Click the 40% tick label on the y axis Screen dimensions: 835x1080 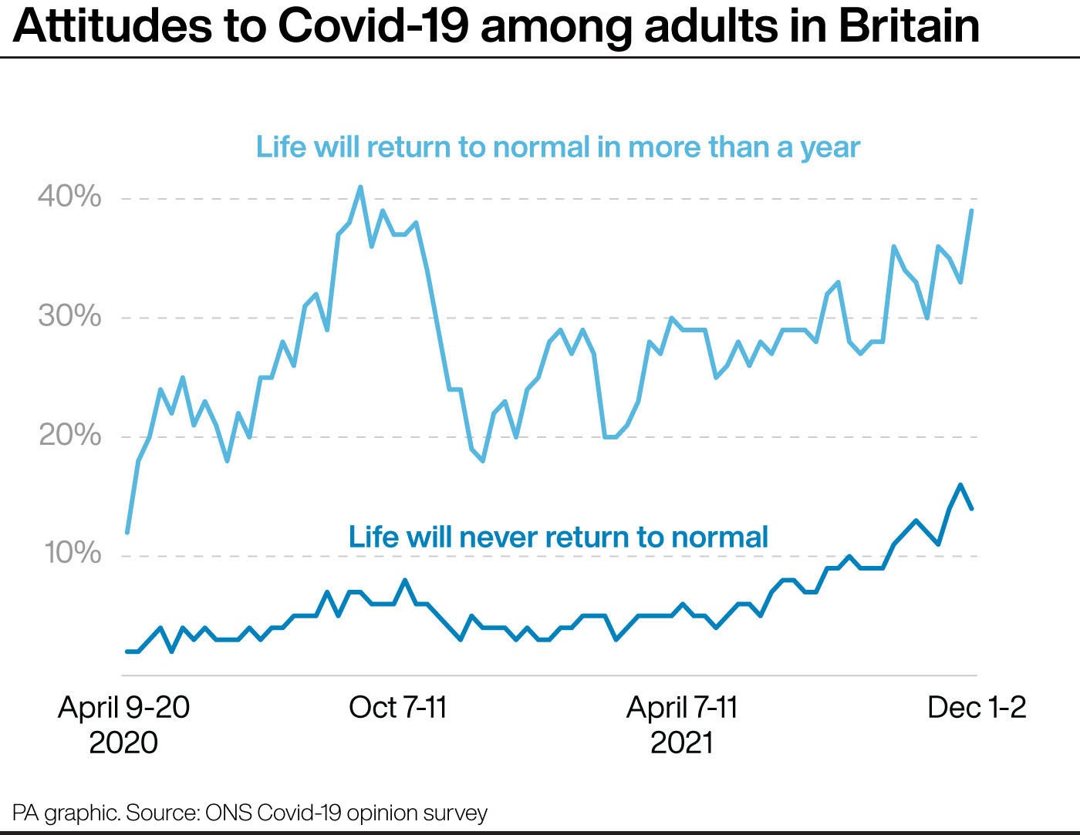[x=69, y=197]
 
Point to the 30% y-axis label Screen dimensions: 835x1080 [x=69, y=316]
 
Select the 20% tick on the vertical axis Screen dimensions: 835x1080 [x=69, y=436]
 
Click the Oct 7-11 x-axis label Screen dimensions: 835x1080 [x=398, y=707]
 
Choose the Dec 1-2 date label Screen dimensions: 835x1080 [x=977, y=707]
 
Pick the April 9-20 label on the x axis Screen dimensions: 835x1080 [x=123, y=707]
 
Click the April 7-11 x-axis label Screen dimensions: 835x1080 [x=682, y=707]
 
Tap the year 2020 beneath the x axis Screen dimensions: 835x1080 [x=123, y=742]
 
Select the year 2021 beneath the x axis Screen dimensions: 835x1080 [x=682, y=742]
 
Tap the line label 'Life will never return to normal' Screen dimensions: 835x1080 [x=558, y=537]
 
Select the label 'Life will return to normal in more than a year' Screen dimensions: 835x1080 [x=558, y=146]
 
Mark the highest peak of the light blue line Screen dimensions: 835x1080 [x=360, y=187]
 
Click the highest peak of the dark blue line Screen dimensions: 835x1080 [x=960, y=485]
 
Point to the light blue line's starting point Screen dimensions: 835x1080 [x=127, y=532]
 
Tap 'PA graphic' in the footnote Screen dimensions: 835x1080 [x=66, y=813]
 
